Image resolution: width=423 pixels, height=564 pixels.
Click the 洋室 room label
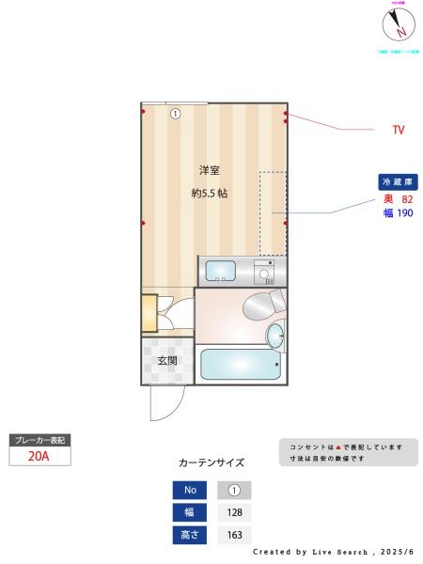pyautogui.click(x=209, y=170)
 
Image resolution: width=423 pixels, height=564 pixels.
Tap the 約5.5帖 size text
pyautogui.click(x=209, y=194)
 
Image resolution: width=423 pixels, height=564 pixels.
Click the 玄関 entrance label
pyautogui.click(x=167, y=361)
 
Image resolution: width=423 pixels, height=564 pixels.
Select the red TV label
pyautogui.click(x=399, y=130)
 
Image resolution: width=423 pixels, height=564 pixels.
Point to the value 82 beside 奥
pyautogui.click(x=407, y=199)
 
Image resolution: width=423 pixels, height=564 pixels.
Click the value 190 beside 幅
pyautogui.click(x=405, y=213)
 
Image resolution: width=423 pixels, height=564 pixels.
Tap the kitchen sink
pyautogui.click(x=221, y=271)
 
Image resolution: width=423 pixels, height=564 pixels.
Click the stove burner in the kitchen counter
pyautogui.click(x=265, y=274)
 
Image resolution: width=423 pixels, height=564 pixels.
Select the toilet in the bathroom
pyautogui.click(x=260, y=305)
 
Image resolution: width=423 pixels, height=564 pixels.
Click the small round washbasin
pyautogui.click(x=275, y=335)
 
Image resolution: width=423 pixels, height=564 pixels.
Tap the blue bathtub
pyautogui.click(x=240, y=365)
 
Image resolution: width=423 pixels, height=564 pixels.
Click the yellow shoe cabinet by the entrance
pyautogui.click(x=149, y=313)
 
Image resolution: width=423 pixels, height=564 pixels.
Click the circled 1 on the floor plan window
pyautogui.click(x=175, y=114)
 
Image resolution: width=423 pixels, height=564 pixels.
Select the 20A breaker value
pyautogui.click(x=39, y=457)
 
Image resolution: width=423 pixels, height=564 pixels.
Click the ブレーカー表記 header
pyautogui.click(x=39, y=440)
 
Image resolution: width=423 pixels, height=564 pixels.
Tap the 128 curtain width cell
pyautogui.click(x=234, y=513)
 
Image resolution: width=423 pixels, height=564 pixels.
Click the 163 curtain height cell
pyautogui.click(x=234, y=536)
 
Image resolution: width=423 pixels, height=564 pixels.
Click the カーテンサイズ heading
pyautogui.click(x=211, y=462)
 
